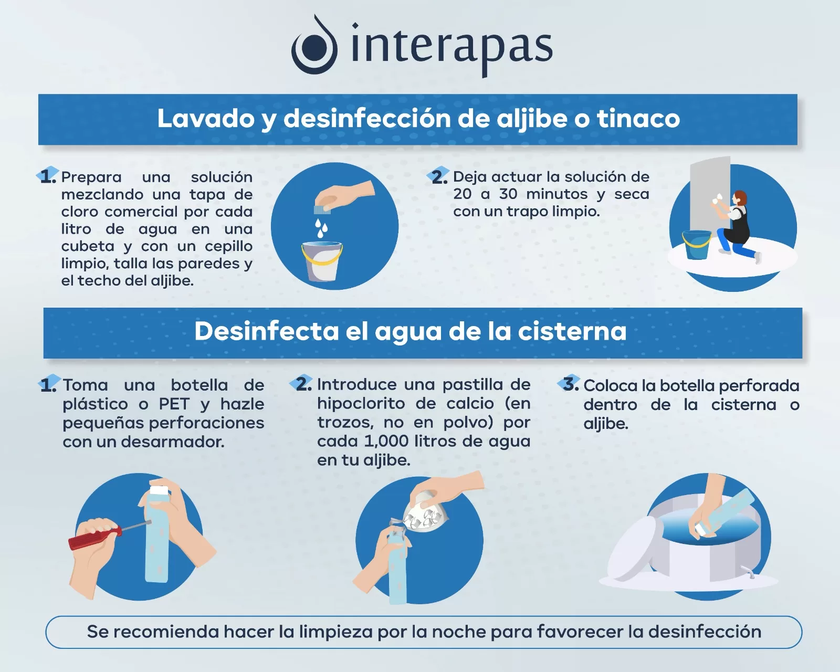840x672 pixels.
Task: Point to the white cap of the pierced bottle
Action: point(159,491)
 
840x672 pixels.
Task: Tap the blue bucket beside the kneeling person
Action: point(697,245)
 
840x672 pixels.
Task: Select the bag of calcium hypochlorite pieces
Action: point(425,515)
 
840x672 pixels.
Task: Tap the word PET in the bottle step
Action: point(174,404)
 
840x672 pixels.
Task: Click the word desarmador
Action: point(173,442)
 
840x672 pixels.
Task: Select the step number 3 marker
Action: point(570,384)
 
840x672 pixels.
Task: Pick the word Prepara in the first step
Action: point(91,177)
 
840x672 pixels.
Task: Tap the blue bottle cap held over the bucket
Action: point(322,209)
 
